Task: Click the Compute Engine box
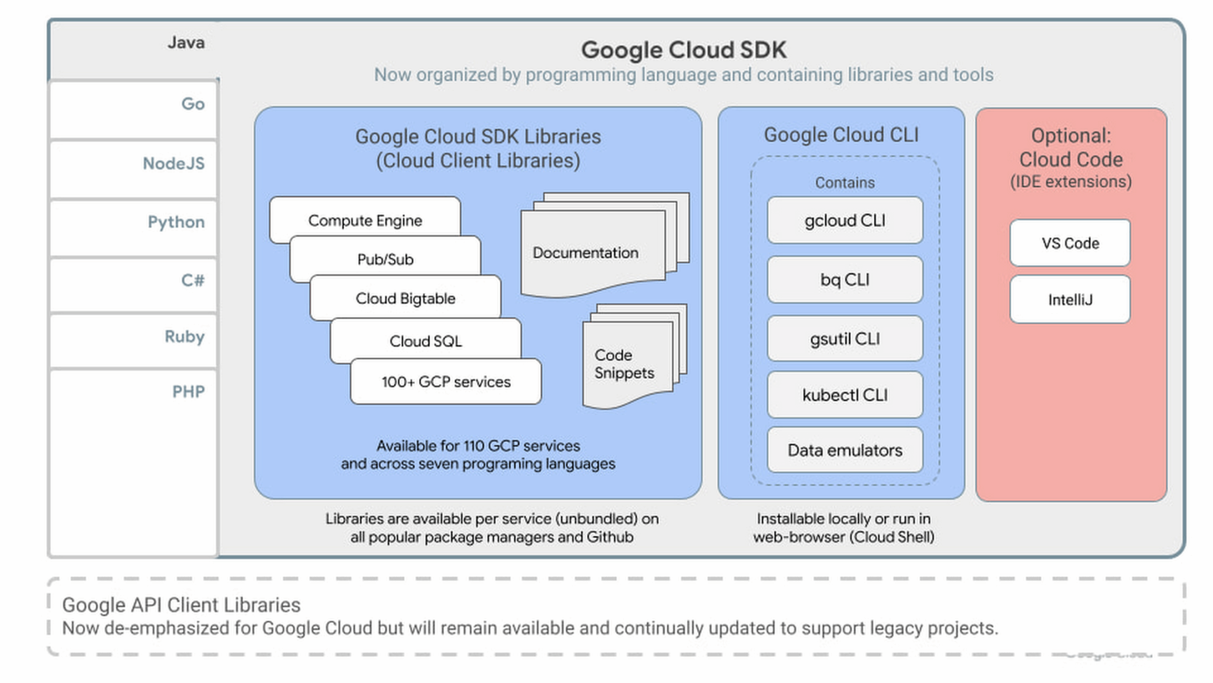point(365,220)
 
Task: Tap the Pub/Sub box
point(385,259)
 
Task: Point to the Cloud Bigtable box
point(405,298)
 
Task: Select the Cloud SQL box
point(425,341)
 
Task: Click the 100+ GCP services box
point(446,381)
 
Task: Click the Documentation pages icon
point(592,251)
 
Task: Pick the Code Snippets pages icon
point(625,363)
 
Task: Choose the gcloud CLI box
point(845,221)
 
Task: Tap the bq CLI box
point(845,280)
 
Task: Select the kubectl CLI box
point(845,395)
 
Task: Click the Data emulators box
point(845,450)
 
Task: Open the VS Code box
point(1070,243)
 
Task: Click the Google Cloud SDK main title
point(684,50)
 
